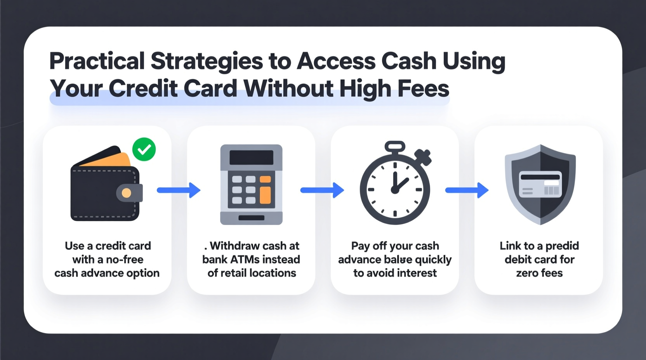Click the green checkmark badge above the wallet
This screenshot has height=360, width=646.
[144, 149]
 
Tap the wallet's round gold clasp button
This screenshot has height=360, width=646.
[127, 193]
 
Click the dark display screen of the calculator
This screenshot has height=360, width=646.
[251, 157]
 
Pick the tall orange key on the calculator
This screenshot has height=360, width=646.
[265, 195]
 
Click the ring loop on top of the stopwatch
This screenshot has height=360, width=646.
[395, 147]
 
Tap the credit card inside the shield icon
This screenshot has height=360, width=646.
[540, 184]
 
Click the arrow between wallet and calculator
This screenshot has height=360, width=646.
[179, 190]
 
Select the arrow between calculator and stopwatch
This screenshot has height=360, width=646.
[322, 190]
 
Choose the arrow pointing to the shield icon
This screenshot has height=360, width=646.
[467, 190]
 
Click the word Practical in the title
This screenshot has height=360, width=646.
[97, 61]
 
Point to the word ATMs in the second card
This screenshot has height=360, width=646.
[245, 259]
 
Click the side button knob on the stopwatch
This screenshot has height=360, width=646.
[423, 157]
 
